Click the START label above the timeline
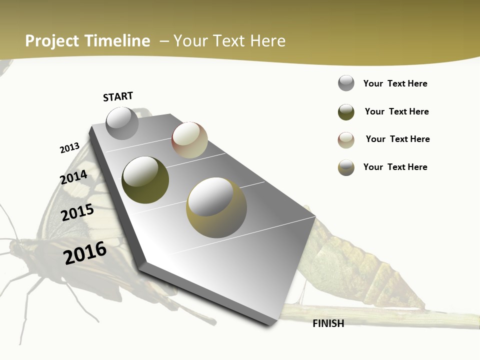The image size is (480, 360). pyautogui.click(x=118, y=96)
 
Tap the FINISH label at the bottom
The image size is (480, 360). pyautogui.click(x=328, y=323)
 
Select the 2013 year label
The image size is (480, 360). pyautogui.click(x=69, y=148)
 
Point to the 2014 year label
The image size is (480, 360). pyautogui.click(x=73, y=177)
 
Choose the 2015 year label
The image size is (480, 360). pyautogui.click(x=77, y=212)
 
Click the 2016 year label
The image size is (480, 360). pyautogui.click(x=85, y=253)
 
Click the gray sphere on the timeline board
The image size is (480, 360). pyautogui.click(x=122, y=123)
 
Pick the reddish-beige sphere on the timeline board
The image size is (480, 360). pyautogui.click(x=189, y=140)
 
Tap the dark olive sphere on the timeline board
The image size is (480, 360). pyautogui.click(x=145, y=180)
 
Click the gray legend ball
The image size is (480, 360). pyautogui.click(x=346, y=83)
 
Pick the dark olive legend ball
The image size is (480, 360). pyautogui.click(x=346, y=112)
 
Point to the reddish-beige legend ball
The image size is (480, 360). pyautogui.click(x=346, y=140)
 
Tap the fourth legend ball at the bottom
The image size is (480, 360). pyautogui.click(x=346, y=167)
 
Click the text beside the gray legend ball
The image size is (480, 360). pyautogui.click(x=395, y=83)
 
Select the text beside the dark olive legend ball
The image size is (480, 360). pyautogui.click(x=396, y=111)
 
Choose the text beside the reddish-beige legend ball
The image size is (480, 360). pyautogui.click(x=397, y=139)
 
